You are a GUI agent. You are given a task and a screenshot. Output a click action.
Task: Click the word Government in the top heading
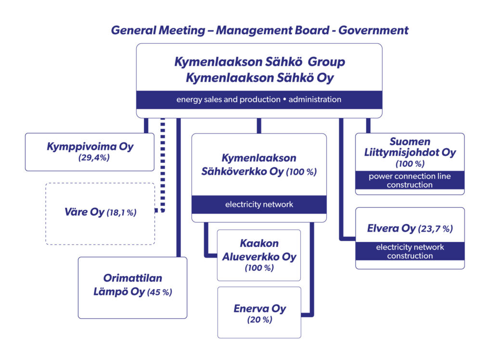tap(373, 30)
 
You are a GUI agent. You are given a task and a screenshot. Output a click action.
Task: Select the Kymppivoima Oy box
tap(90, 152)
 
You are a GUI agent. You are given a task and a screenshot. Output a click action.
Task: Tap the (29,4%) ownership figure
tap(94, 157)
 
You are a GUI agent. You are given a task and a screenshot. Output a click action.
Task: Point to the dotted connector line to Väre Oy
tap(163, 165)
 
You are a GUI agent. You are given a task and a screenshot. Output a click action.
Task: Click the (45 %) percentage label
tap(160, 292)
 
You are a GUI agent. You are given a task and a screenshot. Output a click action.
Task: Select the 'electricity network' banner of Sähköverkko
tap(259, 205)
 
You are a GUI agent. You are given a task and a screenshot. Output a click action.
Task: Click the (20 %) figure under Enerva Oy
tap(259, 320)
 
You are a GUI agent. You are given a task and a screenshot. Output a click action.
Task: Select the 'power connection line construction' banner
tap(410, 180)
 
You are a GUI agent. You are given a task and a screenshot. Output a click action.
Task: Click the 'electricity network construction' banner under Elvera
tap(410, 251)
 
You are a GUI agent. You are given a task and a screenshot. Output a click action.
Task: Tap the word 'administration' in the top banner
tap(315, 100)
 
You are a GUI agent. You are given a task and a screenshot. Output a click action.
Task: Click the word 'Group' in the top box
tap(326, 62)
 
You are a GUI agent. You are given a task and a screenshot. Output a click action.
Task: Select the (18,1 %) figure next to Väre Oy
tap(122, 213)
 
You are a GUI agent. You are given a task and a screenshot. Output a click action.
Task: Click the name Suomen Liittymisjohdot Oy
tap(410, 147)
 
